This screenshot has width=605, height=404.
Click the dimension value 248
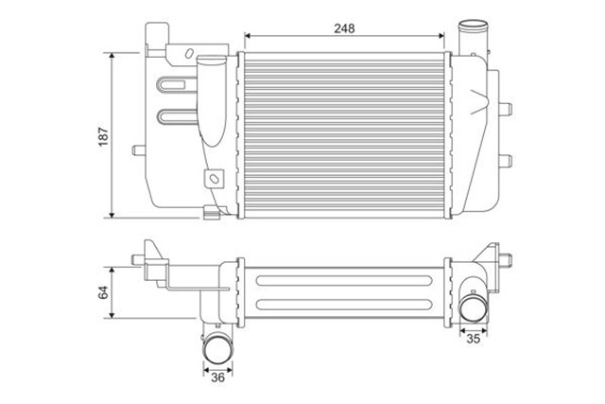coord(343,28)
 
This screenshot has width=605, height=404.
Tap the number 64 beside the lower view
coord(103,291)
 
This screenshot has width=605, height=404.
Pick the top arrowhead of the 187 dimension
coord(113,57)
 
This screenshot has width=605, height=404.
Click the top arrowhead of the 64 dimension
coord(113,269)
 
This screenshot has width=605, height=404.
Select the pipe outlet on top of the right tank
coord(469,37)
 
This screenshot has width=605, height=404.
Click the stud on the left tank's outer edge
coord(140,149)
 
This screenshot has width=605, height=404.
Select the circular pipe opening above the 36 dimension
coord(217,347)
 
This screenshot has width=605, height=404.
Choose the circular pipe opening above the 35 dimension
coord(473,307)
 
